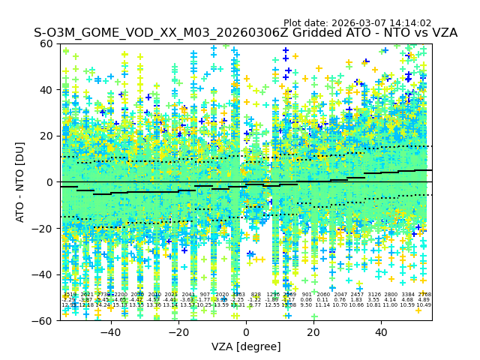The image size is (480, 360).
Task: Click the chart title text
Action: point(245,33)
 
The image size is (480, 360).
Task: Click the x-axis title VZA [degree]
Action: point(246,346)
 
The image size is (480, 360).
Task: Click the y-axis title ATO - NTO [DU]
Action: point(20,181)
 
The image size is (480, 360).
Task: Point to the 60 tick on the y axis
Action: point(46,43)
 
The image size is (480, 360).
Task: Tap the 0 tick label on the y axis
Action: point(49,182)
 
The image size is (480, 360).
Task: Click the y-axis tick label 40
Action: point(46,90)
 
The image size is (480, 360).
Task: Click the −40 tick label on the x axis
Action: point(110,332)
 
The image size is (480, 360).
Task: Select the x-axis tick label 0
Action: point(246,332)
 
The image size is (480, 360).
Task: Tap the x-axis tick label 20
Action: point(313,332)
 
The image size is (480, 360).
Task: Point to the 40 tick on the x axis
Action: point(382,332)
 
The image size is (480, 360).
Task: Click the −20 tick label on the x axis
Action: point(178,332)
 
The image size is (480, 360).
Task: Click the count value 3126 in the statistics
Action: point(373,295)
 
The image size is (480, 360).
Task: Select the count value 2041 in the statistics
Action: point(188,295)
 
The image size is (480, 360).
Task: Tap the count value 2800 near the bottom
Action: point(390,295)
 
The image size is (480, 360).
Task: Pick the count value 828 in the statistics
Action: point(256,295)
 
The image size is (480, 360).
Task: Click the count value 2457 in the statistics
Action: point(356,295)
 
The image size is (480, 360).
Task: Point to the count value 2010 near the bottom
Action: point(154,295)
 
